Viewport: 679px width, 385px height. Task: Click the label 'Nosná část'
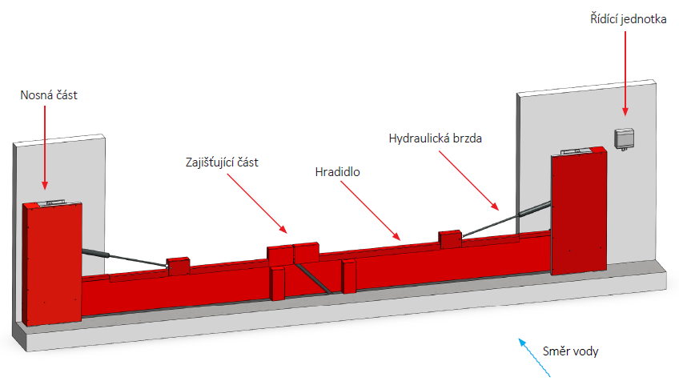click(49, 96)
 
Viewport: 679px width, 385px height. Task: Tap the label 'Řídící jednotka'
click(624, 21)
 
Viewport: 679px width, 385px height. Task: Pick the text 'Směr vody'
click(570, 351)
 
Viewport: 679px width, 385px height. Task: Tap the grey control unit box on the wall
click(624, 138)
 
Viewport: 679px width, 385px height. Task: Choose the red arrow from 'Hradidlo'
click(369, 210)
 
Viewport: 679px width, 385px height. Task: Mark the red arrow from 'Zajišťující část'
click(257, 203)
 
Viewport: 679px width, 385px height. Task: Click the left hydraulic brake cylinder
click(94, 253)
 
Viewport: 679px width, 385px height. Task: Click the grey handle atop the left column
click(50, 203)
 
